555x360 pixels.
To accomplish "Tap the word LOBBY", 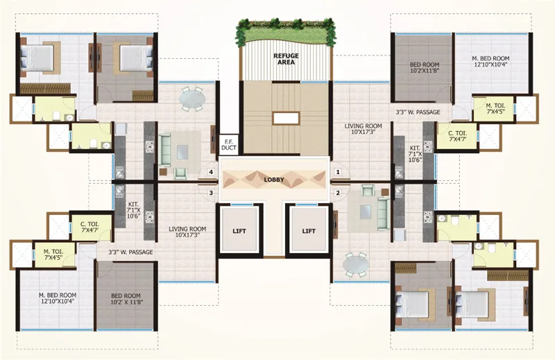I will pyautogui.click(x=274, y=179).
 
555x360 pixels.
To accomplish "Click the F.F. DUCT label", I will pyautogui.click(x=228, y=145).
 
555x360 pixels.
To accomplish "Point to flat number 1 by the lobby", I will pyautogui.click(x=338, y=171).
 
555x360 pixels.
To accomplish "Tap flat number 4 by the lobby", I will pyautogui.click(x=210, y=171).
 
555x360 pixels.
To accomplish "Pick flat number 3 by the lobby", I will pyautogui.click(x=210, y=192).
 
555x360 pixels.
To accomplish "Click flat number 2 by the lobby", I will pyautogui.click(x=338, y=192).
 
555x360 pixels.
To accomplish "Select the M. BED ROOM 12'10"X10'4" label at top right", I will pyautogui.click(x=490, y=61).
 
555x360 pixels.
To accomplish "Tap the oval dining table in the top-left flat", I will pyautogui.click(x=191, y=100).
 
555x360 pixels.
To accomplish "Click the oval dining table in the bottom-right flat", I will pyautogui.click(x=358, y=264).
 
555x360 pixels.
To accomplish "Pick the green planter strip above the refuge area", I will pyautogui.click(x=284, y=30).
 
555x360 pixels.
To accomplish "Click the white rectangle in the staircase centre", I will pyautogui.click(x=285, y=118).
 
